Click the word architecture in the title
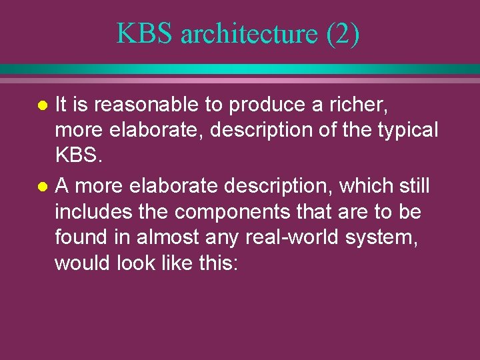tap(250, 33)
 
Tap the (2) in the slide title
tap(343, 33)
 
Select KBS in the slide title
tap(144, 33)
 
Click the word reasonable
tap(139, 104)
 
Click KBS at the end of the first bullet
tap(76, 156)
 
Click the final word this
tap(218, 264)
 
